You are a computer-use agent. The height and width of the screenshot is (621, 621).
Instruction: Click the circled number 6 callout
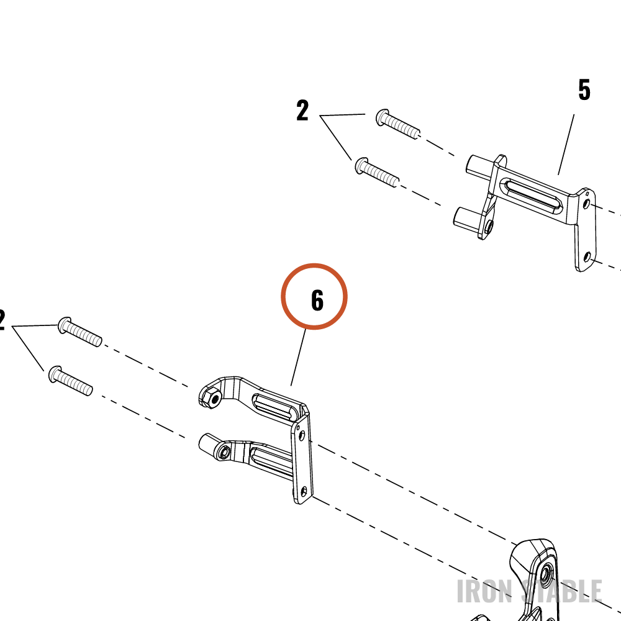314,297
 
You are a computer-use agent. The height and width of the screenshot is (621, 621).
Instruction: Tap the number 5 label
584,90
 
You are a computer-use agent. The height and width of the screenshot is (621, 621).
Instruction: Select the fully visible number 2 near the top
302,111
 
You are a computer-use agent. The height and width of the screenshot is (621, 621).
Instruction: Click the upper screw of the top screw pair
397,124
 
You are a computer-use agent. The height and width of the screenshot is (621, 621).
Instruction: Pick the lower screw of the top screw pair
377,172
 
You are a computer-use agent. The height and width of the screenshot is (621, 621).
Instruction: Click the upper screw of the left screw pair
80,332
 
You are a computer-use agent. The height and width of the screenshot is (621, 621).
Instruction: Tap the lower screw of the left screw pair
71,381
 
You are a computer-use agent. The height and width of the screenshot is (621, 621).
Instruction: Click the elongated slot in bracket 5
532,193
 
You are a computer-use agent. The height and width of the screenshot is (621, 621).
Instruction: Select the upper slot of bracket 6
275,407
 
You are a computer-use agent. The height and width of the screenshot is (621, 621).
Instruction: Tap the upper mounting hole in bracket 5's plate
587,204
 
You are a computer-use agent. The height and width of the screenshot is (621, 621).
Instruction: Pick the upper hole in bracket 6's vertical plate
301,436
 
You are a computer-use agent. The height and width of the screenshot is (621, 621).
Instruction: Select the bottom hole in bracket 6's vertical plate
304,492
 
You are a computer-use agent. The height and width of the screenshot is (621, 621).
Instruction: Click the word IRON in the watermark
485,591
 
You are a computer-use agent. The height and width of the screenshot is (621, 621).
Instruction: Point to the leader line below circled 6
298,357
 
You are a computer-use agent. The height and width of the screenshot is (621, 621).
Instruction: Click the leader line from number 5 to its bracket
566,145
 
